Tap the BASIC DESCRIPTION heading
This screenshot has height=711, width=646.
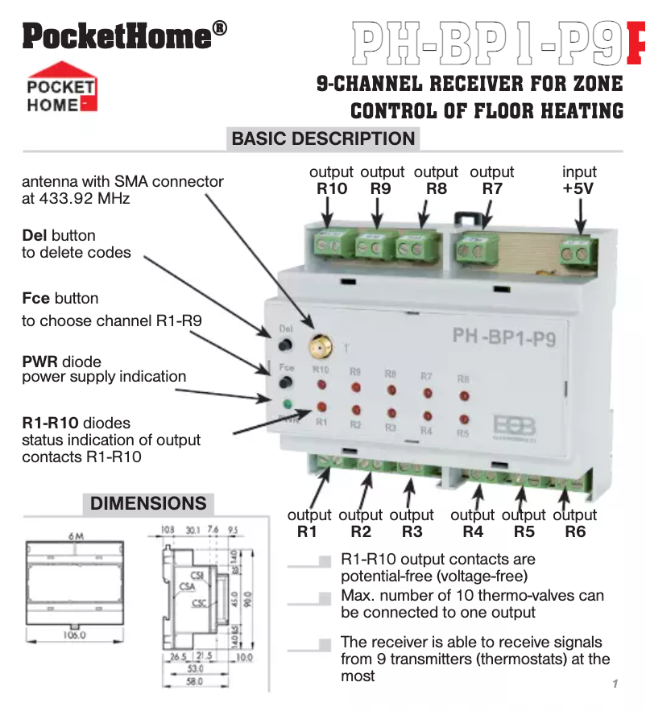click(x=323, y=138)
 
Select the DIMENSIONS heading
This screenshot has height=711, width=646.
click(x=148, y=503)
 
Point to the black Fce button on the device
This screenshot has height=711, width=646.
click(x=284, y=386)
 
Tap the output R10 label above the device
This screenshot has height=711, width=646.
click(x=331, y=180)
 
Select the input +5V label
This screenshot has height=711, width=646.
click(x=579, y=180)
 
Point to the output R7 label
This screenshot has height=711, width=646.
click(x=491, y=180)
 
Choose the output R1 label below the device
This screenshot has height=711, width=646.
click(x=309, y=523)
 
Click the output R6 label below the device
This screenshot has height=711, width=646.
click(x=575, y=523)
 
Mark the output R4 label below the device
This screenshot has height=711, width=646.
click(x=472, y=523)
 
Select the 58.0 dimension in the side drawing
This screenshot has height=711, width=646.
click(x=194, y=682)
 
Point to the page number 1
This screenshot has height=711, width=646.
click(x=615, y=684)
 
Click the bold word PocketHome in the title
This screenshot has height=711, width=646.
click(x=116, y=35)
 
